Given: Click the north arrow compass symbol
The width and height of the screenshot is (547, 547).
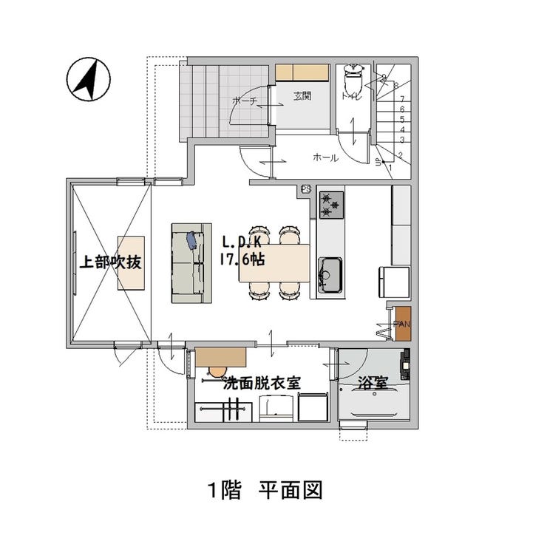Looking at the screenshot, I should coord(88,80).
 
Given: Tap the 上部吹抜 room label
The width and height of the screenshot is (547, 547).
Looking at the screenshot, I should coord(111,262).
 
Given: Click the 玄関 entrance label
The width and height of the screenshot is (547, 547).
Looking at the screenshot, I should coord(302,95).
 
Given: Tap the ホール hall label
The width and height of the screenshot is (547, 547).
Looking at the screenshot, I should coord(325,157).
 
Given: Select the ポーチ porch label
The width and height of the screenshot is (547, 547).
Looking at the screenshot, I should coord(243,101).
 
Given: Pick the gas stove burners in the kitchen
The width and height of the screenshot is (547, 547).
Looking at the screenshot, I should coord(331,205).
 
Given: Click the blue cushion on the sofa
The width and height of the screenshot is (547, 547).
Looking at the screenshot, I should coord(193,241).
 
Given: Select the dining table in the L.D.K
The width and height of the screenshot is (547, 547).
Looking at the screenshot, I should coord(273,262).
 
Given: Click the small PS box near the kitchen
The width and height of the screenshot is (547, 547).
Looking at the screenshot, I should coord(306,191).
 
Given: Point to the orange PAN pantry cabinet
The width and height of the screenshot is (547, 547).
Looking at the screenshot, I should coord(403,323).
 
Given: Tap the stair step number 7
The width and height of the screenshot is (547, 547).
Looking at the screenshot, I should coord(401,98).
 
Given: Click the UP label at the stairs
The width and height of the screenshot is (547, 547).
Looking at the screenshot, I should coord(378,163).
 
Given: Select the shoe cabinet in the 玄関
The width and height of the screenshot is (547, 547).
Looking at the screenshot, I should coord(302,72).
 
